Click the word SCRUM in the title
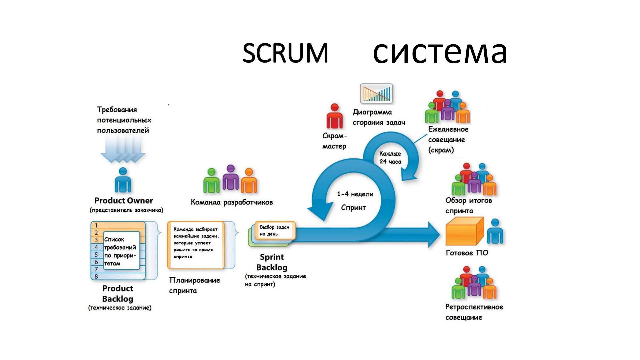pos(285,53)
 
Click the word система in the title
pos(440,53)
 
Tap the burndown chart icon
pos(376,93)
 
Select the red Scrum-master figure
pos(334,116)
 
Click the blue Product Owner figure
pos(123,180)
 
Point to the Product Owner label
pos(124,201)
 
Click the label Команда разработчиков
pos(232,202)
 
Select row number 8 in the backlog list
pos(96,276)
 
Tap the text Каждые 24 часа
pos(390,158)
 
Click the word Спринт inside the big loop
pos(353,208)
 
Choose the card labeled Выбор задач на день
pos(275,230)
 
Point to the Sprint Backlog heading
pos(272,262)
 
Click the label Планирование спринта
pos(194,285)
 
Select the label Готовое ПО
pos(467,253)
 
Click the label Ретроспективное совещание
pos(474,312)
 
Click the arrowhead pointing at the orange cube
pos(433,235)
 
